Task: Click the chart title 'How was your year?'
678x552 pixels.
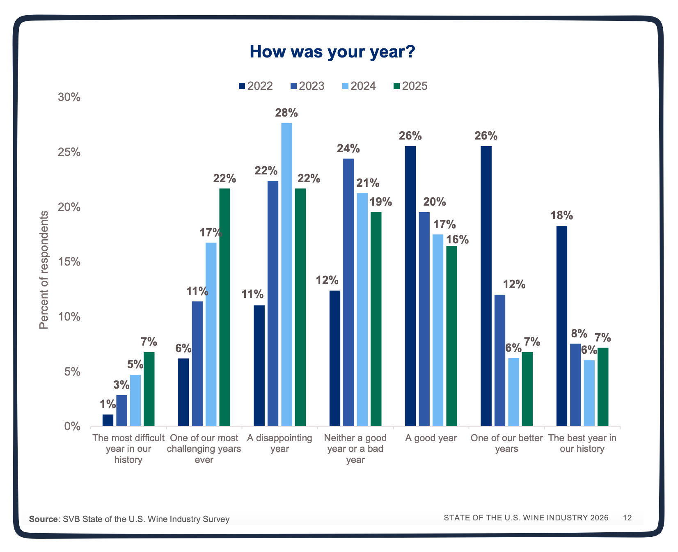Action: (x=332, y=53)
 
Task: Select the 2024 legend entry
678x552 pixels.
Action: (x=359, y=86)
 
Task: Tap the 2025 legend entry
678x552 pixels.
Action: (x=410, y=86)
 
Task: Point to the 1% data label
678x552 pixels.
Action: (x=108, y=404)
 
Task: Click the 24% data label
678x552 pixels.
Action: (x=348, y=149)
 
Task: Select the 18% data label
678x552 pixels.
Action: (x=561, y=215)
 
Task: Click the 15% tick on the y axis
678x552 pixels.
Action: (x=69, y=262)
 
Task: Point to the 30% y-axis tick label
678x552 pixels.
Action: (x=69, y=97)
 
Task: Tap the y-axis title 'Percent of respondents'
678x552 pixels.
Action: (x=44, y=270)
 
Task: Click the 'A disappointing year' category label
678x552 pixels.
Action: (x=279, y=443)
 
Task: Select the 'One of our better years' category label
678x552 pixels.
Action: (x=506, y=443)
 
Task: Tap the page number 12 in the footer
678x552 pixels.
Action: (x=627, y=518)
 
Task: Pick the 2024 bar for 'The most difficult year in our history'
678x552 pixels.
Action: (x=135, y=400)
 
